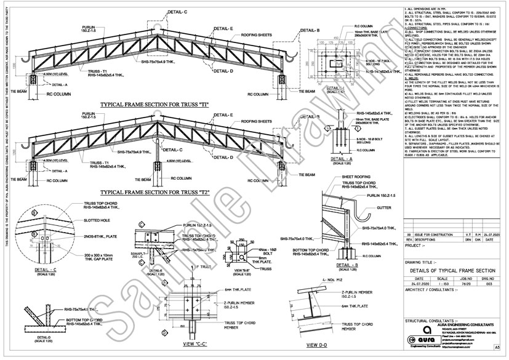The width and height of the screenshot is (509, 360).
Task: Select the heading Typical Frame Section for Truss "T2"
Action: click(156, 193)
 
